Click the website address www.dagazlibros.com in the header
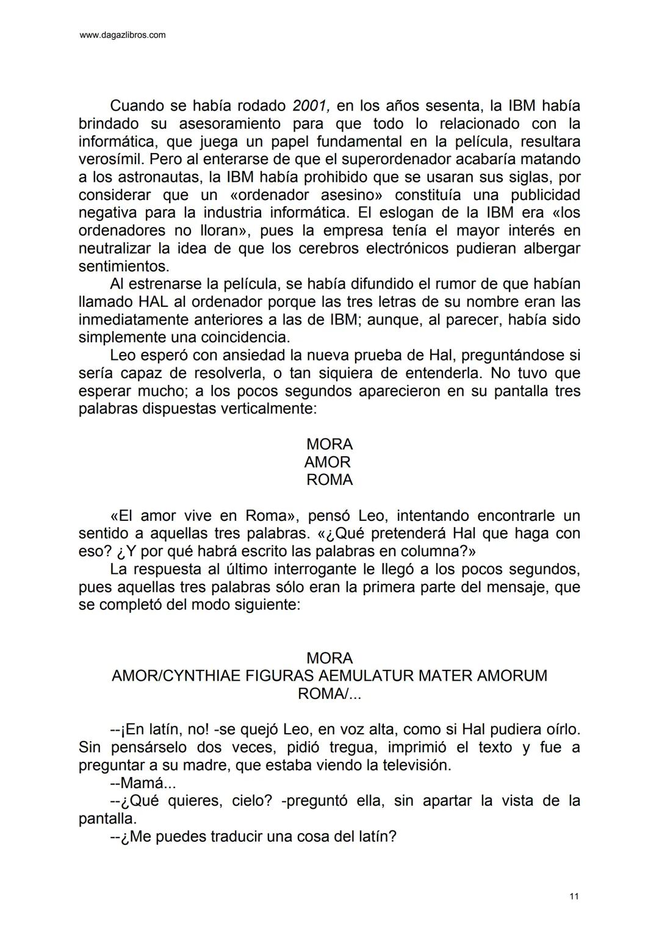123,35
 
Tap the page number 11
574,896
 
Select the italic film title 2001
311,106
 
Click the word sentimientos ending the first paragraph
123,267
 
